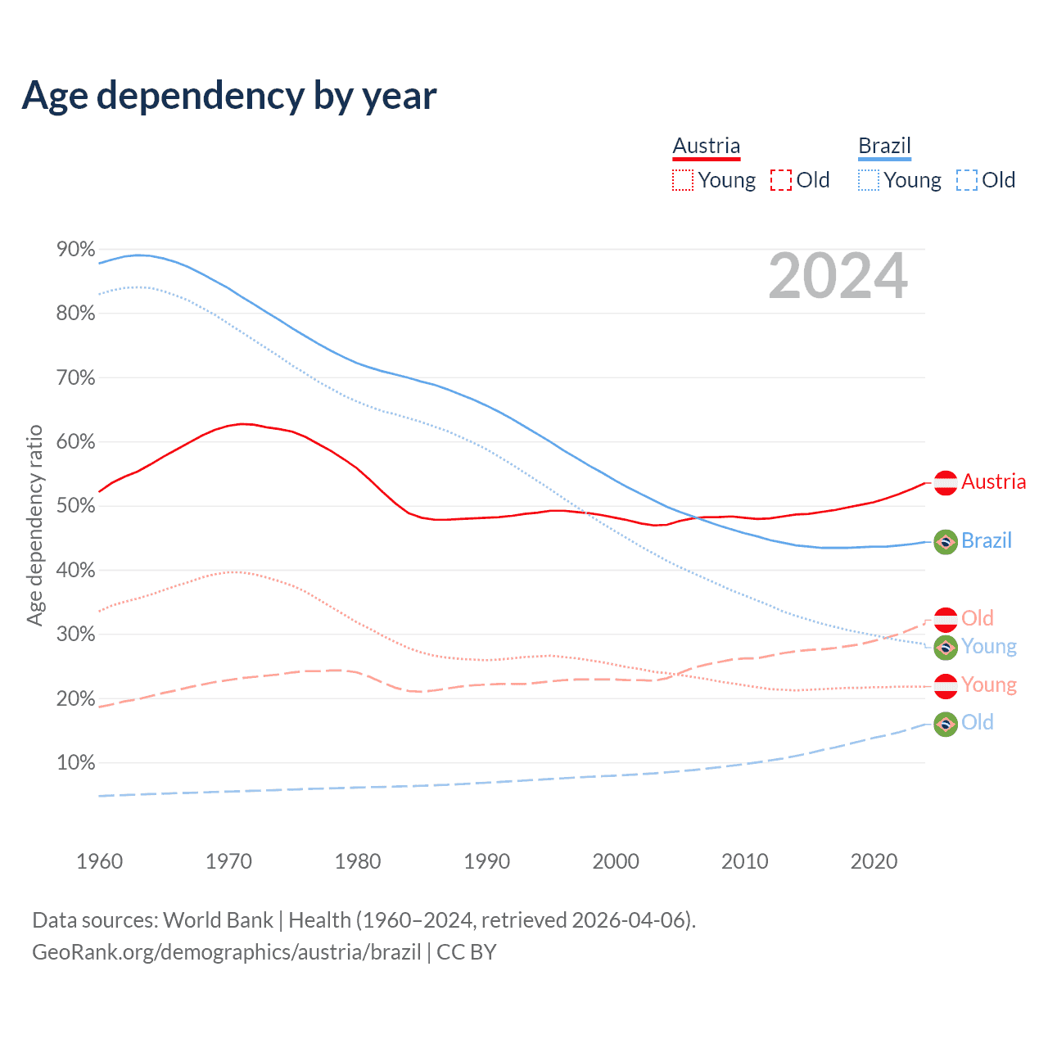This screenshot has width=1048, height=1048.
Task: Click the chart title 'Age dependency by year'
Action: point(229,96)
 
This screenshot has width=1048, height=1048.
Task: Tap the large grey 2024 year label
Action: point(838,276)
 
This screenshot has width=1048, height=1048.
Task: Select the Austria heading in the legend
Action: point(706,147)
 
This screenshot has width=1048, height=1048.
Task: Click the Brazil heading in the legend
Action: point(884,147)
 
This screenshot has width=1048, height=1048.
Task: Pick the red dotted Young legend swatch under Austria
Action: point(682,180)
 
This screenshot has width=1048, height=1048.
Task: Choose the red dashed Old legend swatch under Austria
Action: point(780,180)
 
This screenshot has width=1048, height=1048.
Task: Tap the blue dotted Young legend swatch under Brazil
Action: point(868,180)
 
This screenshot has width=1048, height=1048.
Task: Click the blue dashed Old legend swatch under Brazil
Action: point(966,180)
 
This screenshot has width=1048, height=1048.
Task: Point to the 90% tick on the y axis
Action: point(76,250)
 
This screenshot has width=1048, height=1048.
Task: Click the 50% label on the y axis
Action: point(76,506)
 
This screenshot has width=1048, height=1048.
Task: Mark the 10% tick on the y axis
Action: point(76,763)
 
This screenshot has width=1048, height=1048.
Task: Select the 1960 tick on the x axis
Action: point(100,861)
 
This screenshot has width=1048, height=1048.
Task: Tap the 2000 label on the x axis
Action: point(616,861)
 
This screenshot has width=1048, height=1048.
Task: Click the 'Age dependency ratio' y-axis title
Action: point(34,525)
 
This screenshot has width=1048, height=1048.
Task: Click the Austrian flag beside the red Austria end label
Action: point(946,483)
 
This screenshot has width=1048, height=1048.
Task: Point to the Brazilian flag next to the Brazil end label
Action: point(946,542)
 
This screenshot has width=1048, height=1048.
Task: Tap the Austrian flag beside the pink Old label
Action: point(946,620)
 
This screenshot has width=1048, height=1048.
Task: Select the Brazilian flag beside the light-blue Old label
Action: point(946,724)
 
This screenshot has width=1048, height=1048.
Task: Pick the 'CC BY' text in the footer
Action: point(467,952)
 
